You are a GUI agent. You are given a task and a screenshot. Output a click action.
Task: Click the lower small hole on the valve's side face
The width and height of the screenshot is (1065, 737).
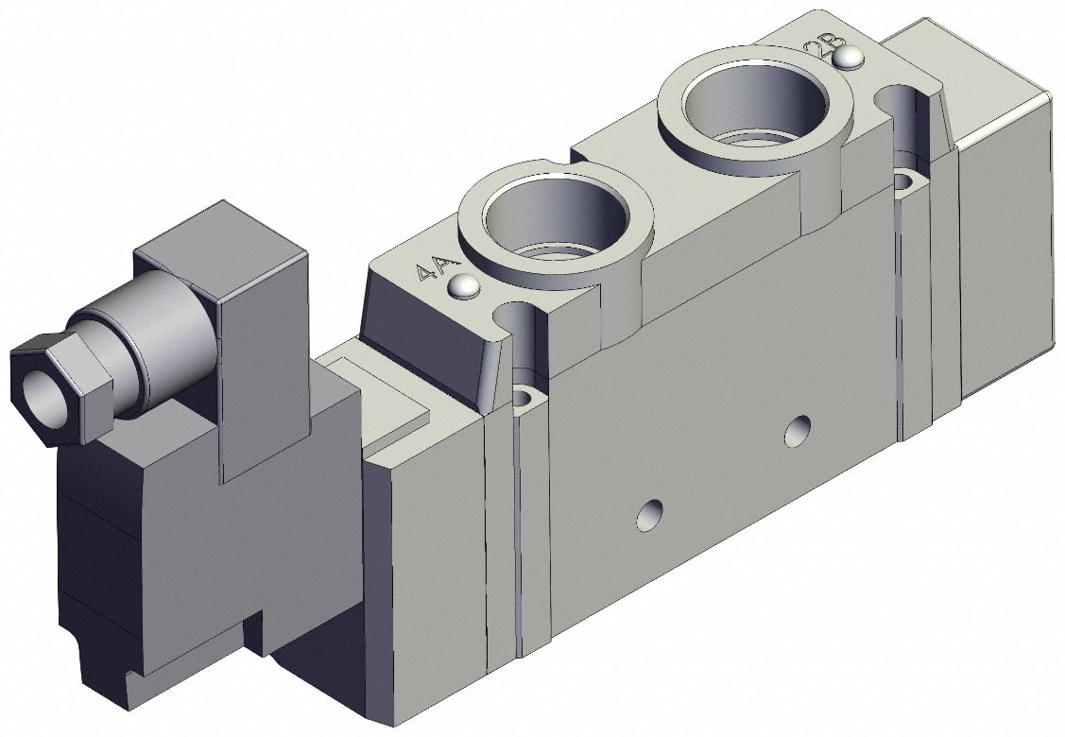pos(648,516)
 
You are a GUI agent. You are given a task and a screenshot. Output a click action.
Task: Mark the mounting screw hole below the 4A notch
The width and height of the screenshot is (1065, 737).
pos(522,396)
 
